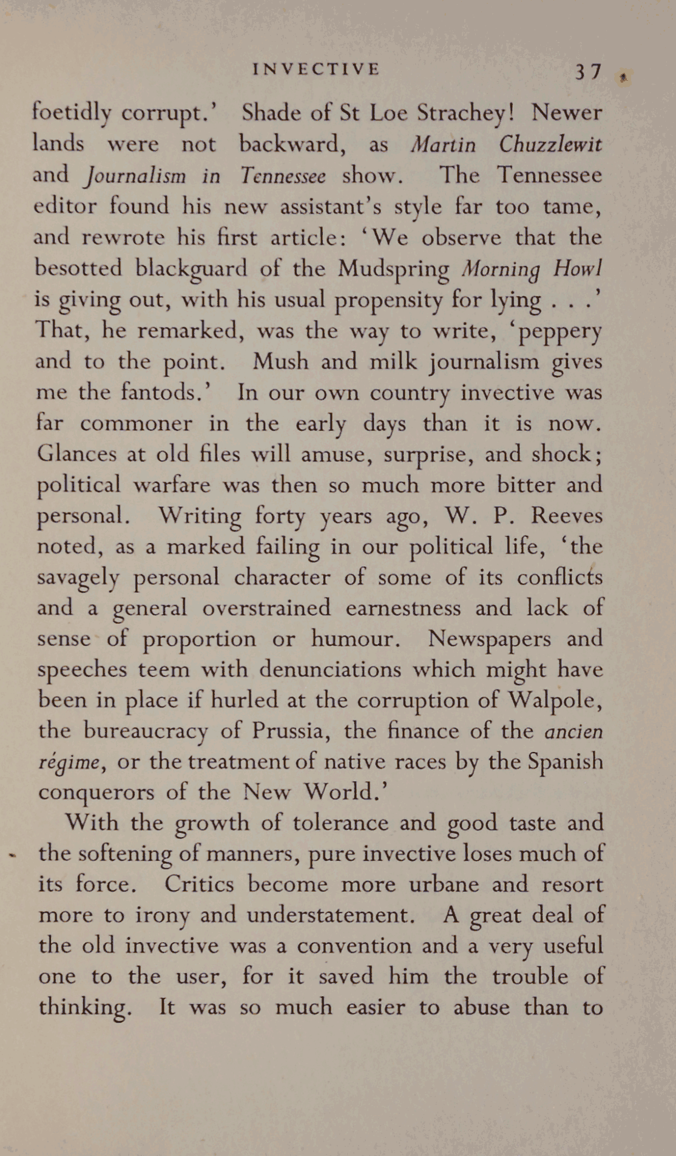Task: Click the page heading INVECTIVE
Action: click(316, 69)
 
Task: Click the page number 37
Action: click(588, 72)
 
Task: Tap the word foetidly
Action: click(72, 113)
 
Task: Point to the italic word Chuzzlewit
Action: click(550, 145)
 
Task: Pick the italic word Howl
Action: click(577, 268)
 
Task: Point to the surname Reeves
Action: click(567, 515)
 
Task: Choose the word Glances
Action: click(76, 453)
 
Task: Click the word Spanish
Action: click(565, 761)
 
